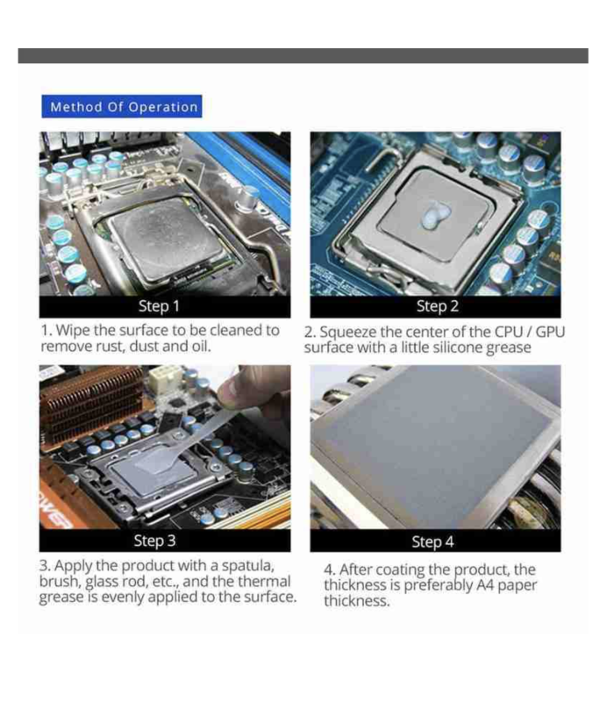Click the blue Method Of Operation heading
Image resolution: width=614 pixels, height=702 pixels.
[123, 107]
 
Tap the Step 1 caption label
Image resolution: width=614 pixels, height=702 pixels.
[159, 306]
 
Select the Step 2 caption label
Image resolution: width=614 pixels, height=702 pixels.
[436, 306]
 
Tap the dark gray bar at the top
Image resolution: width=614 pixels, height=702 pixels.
[303, 55]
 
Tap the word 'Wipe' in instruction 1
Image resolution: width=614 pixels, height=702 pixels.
[77, 331]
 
